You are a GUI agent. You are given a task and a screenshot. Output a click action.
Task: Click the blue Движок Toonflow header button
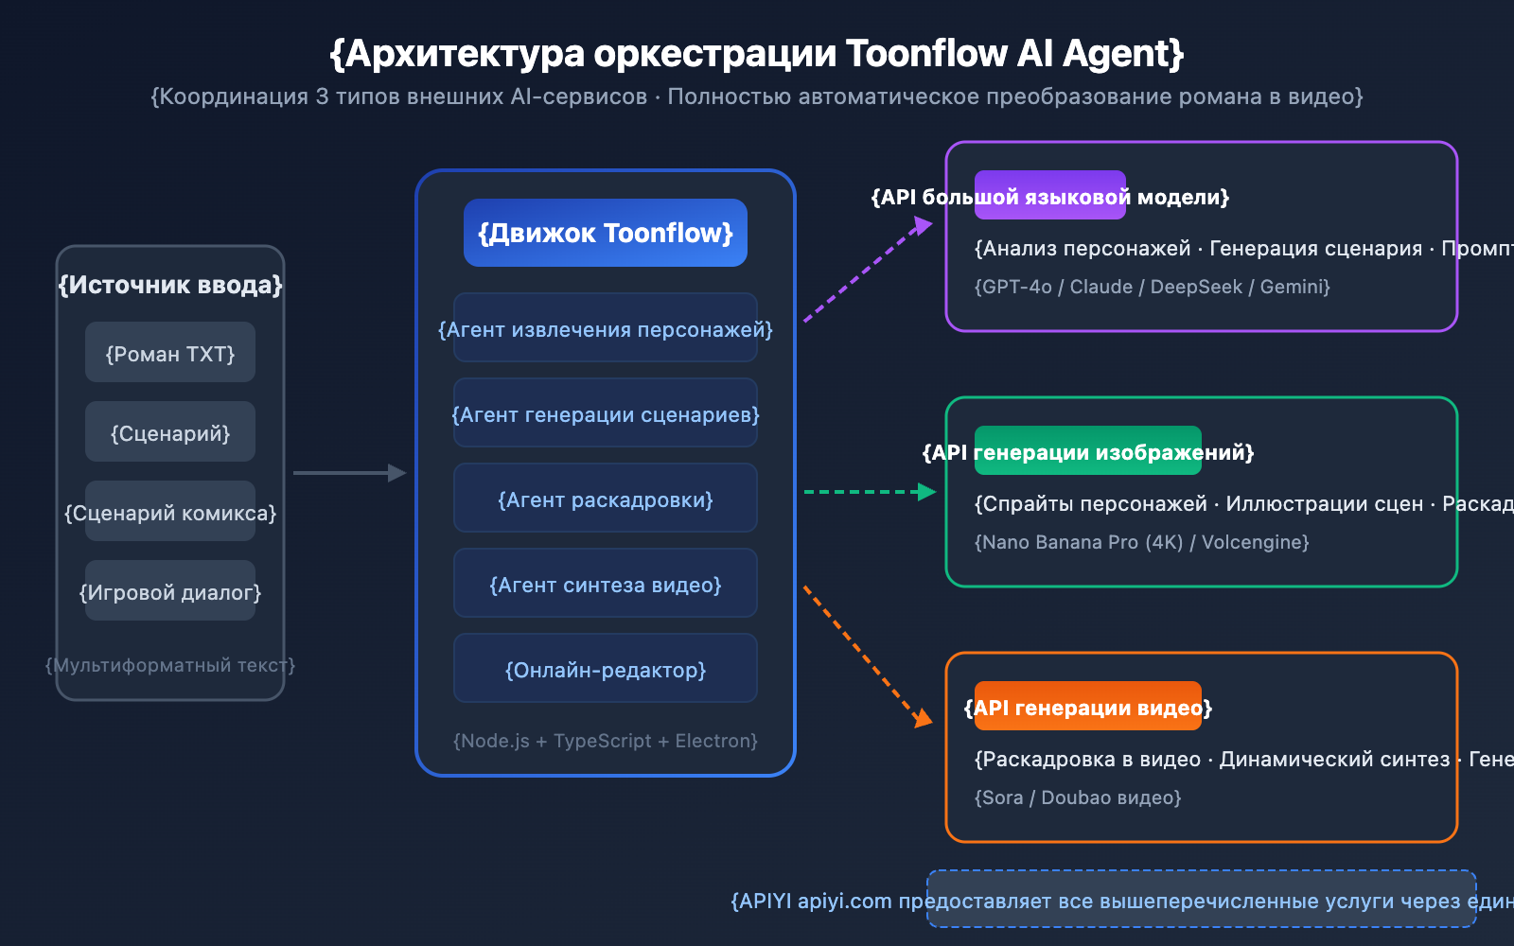606,233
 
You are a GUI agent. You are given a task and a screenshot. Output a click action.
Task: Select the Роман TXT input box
170,353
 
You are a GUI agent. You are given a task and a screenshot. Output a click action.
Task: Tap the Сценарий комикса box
170,512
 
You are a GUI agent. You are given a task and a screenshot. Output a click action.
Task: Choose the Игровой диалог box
170,591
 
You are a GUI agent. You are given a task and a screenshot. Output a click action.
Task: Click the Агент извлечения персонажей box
606,328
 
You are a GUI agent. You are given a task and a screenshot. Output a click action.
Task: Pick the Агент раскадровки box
606,499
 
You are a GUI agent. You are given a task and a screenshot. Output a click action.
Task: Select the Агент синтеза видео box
606,584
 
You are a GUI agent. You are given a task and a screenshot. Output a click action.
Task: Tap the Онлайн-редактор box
606,669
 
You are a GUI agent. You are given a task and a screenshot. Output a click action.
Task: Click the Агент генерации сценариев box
606,413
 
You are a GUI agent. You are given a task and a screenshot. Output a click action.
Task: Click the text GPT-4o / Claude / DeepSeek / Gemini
1152,287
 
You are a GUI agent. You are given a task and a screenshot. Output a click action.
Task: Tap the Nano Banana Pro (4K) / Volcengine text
1141,542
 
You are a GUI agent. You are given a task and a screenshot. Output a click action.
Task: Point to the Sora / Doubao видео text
1078,797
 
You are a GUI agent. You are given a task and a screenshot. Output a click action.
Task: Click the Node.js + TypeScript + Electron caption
606,741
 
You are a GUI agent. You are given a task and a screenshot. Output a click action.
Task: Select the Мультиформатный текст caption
170,665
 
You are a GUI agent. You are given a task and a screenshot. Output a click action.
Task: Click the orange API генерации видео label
1088,707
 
